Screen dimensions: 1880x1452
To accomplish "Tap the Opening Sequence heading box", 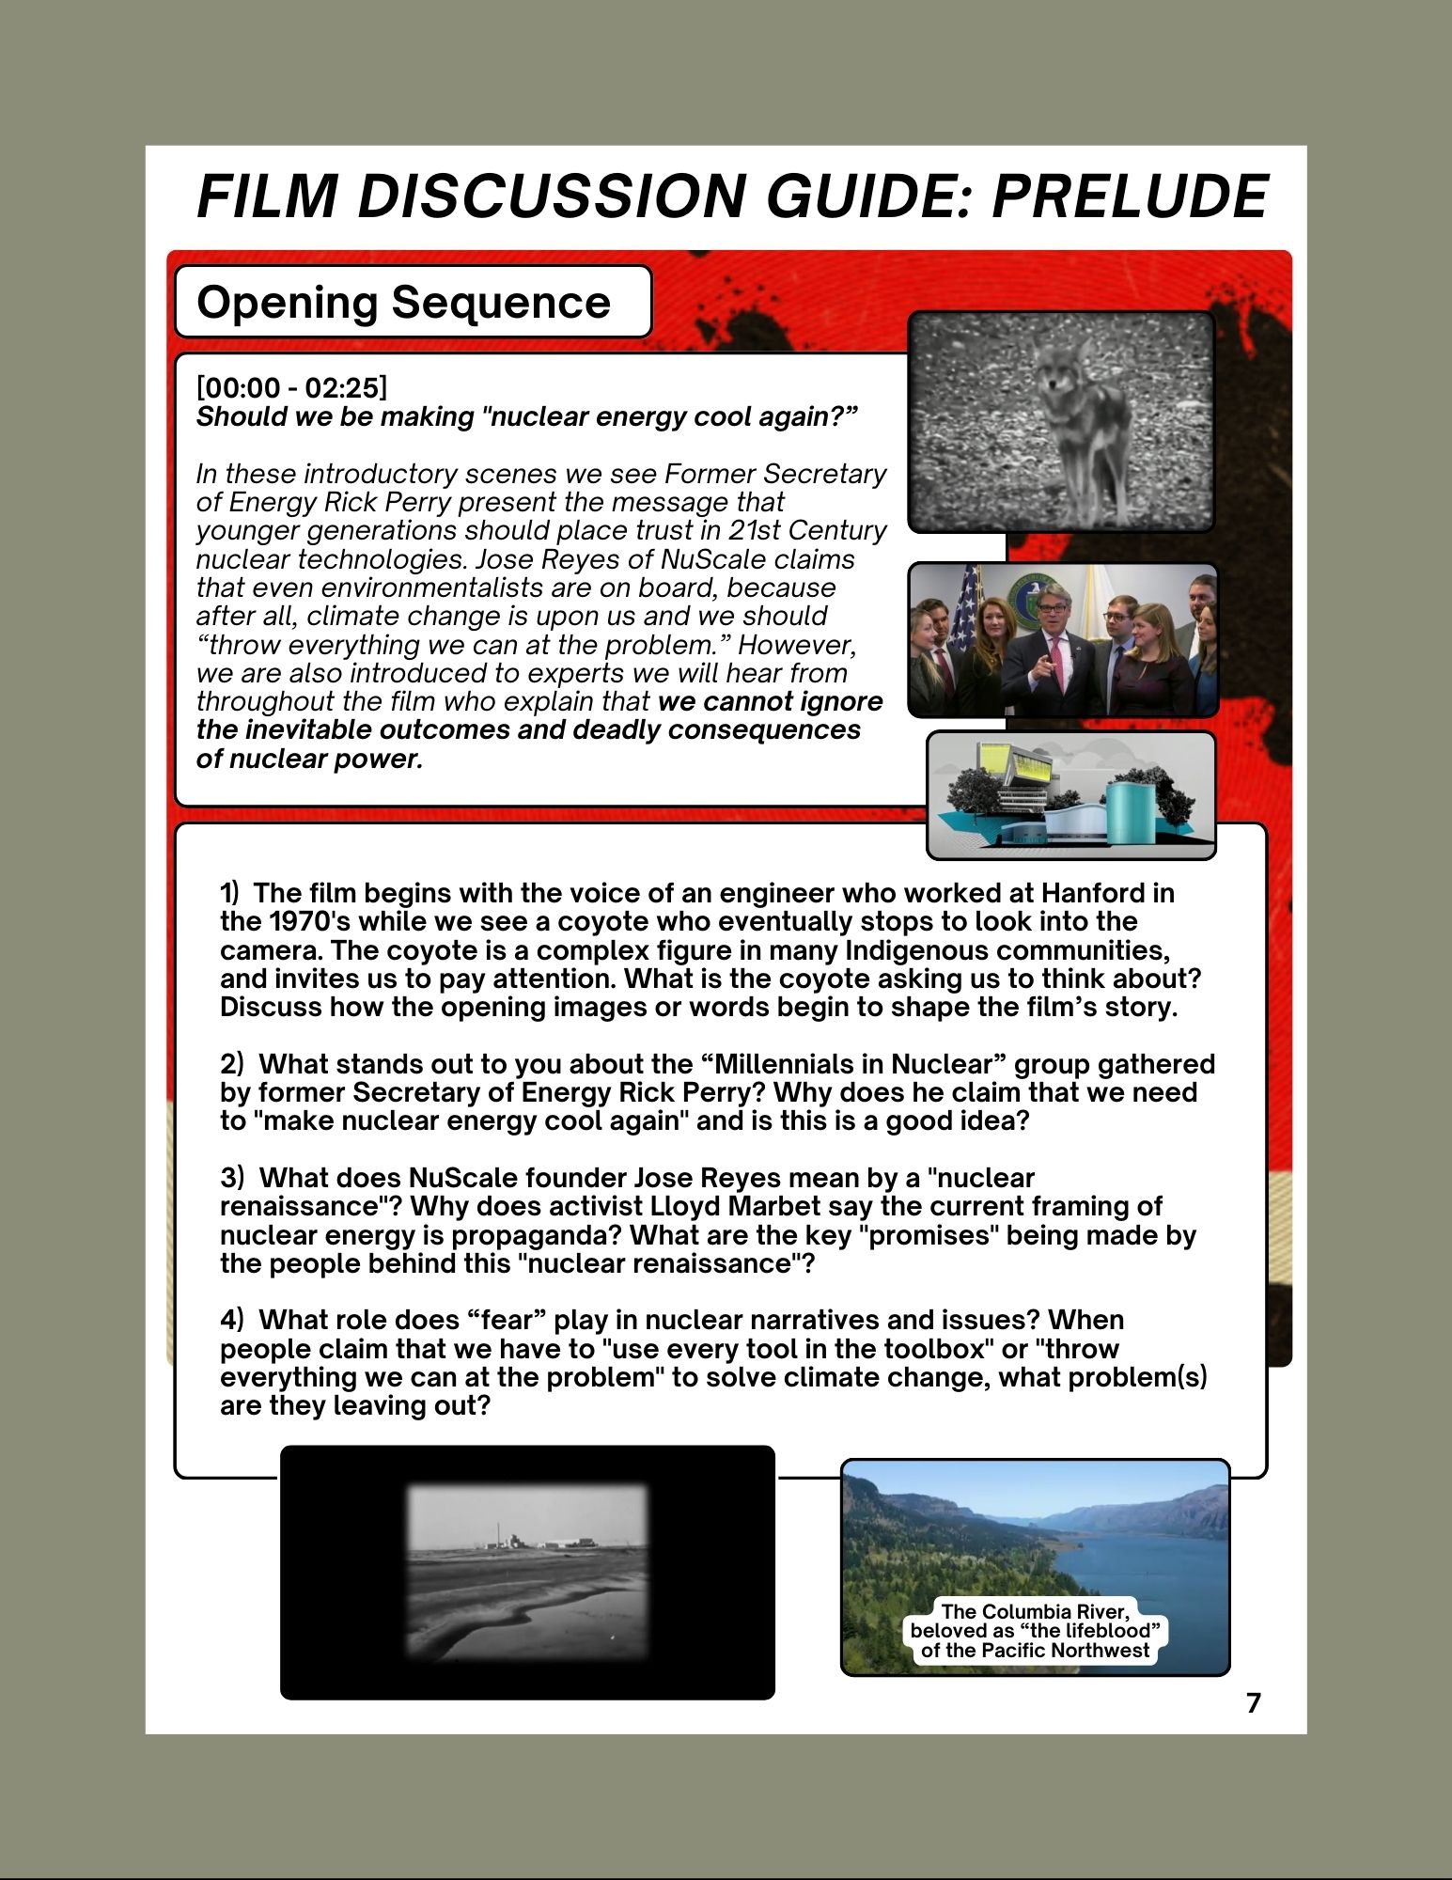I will click(413, 302).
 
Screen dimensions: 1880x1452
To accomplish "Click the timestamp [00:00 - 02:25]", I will click(291, 387).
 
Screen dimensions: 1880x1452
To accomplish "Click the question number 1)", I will click(230, 893).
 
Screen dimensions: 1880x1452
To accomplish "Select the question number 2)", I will click(232, 1064).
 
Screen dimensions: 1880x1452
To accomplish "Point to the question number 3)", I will click(232, 1178).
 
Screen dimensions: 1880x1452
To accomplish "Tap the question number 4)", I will click(232, 1320).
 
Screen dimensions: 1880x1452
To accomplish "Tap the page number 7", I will click(1253, 1702).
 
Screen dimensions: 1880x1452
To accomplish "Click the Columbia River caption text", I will click(1035, 1631).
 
